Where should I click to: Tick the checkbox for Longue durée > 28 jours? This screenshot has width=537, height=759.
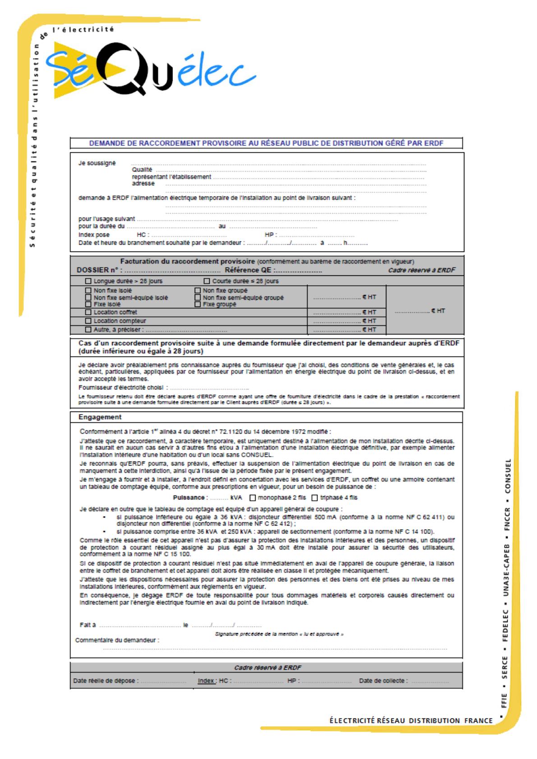[x=88, y=281]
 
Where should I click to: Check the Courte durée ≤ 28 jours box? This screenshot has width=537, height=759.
[x=207, y=281]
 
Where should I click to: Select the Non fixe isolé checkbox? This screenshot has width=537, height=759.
[x=88, y=291]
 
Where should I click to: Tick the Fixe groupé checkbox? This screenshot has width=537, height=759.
[x=197, y=304]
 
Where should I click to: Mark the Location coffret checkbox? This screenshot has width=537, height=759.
[x=88, y=312]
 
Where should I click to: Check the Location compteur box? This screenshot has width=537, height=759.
[x=88, y=321]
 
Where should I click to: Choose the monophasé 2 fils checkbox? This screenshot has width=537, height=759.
[x=252, y=498]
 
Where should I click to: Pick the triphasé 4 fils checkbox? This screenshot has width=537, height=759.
[x=315, y=498]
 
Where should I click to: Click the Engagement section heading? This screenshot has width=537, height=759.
[x=100, y=417]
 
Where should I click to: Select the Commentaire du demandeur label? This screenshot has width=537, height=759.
[x=117, y=640]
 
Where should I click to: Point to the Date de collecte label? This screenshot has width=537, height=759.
[x=383, y=681]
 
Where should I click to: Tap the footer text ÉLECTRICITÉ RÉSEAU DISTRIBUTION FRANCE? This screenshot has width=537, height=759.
[x=411, y=720]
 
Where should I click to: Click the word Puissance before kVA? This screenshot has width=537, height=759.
[x=190, y=498]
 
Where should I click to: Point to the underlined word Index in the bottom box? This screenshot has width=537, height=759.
[x=207, y=681]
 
